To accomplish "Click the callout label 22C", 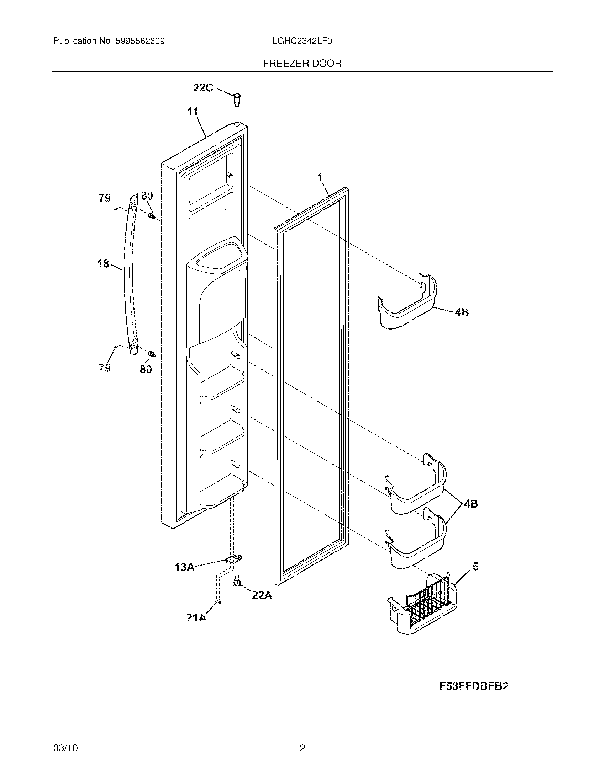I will (x=203, y=88).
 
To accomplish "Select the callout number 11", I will (x=193, y=112).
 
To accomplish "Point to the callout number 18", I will (x=103, y=264).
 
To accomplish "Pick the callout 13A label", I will (x=185, y=567).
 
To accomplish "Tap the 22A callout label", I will (x=262, y=595).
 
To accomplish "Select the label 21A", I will (x=196, y=618).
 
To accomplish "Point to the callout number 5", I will (x=475, y=567).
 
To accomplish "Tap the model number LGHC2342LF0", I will (x=302, y=41).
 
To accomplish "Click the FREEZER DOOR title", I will (x=302, y=64).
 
